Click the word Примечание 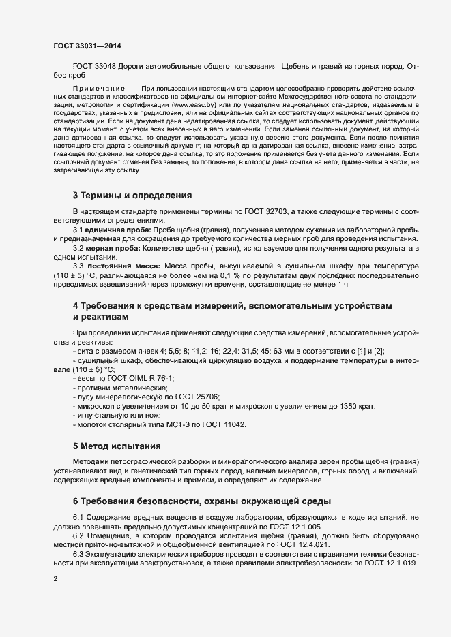tap(103, 89)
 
